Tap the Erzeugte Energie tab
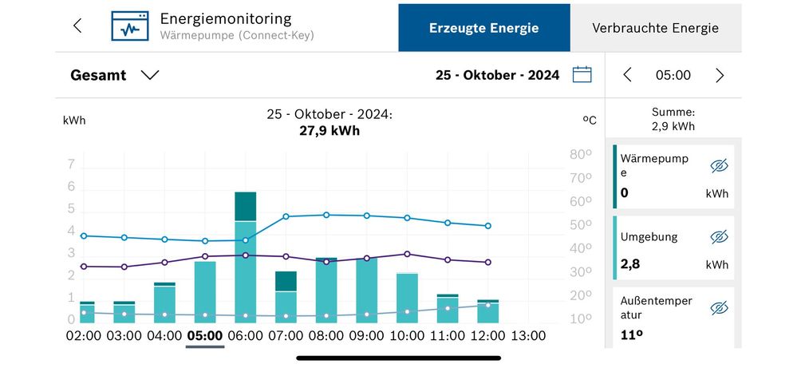coord(483,28)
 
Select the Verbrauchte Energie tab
coord(655,28)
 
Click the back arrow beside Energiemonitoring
coord(77,26)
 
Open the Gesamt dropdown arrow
coord(150,75)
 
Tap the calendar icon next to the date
coord(582,75)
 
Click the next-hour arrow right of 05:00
coord(720,75)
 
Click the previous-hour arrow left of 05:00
coord(627,75)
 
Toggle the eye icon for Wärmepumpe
coord(719,166)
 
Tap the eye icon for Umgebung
coord(719,237)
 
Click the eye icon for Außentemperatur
coord(719,308)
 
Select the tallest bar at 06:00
coord(245,255)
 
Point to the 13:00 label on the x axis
coord(528,336)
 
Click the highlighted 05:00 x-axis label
coord(205,336)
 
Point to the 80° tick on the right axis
coord(580,155)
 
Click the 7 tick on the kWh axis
coord(71,165)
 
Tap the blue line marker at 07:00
coord(286,216)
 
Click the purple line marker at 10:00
coord(407,254)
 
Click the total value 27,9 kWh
coord(329,130)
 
